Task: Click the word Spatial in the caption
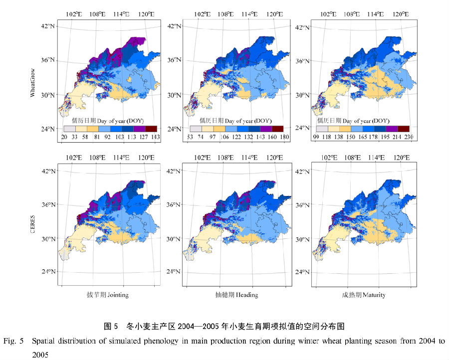pos(44,342)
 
